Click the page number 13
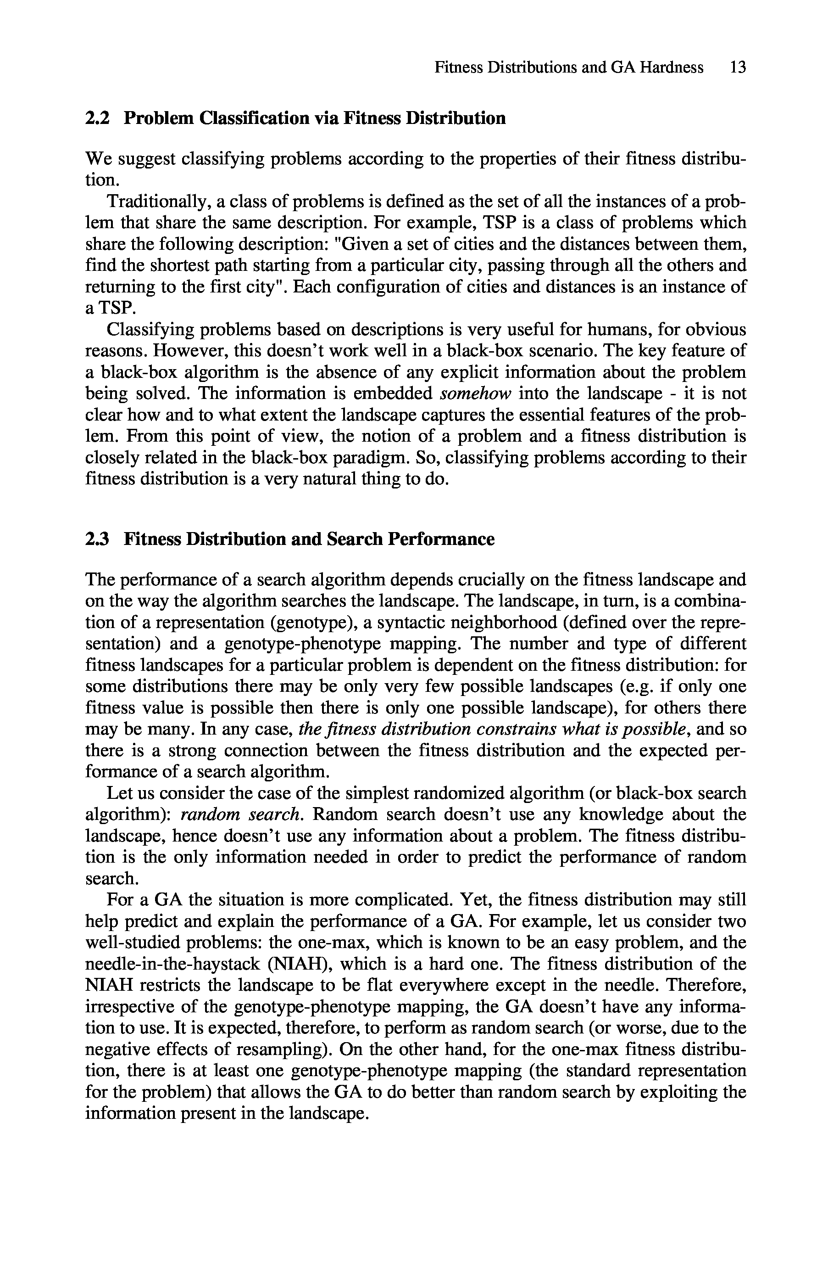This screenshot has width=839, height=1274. pos(737,67)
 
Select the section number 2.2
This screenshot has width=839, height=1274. pos(97,118)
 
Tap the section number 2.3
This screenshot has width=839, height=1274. pos(97,539)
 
